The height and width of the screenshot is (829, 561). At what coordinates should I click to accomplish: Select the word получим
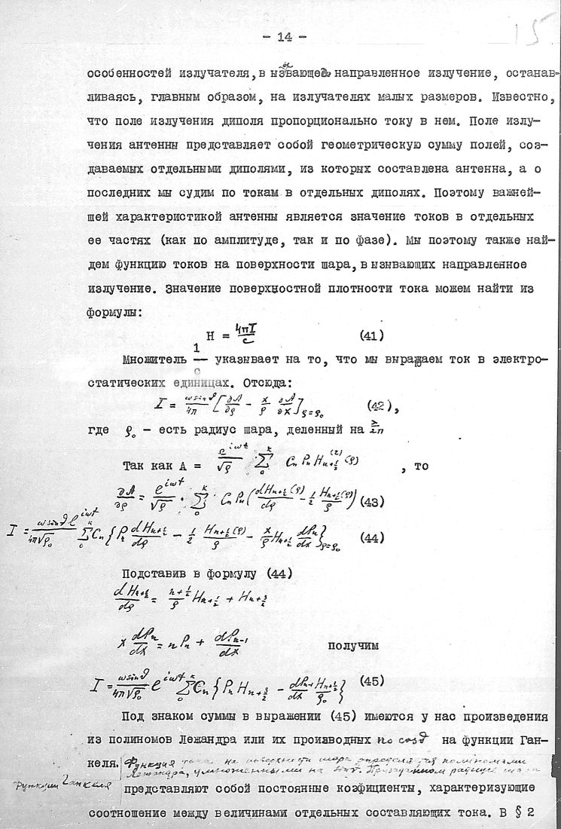(355, 647)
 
